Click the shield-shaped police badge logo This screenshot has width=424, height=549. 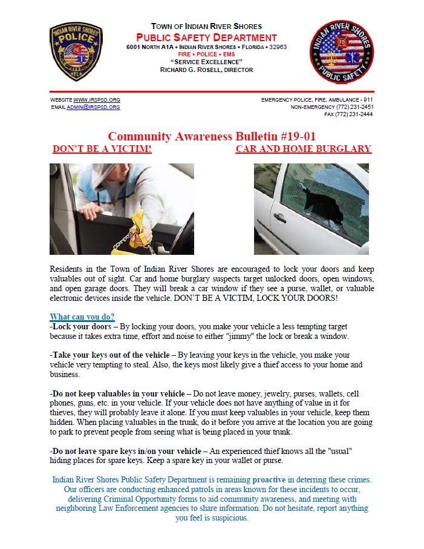[x=76, y=52]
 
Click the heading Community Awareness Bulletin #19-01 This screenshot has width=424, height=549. [x=212, y=137]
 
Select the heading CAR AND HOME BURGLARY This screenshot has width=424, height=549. [x=303, y=149]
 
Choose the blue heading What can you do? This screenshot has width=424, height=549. [x=82, y=317]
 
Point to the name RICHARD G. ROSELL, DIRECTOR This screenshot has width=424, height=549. [x=206, y=70]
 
